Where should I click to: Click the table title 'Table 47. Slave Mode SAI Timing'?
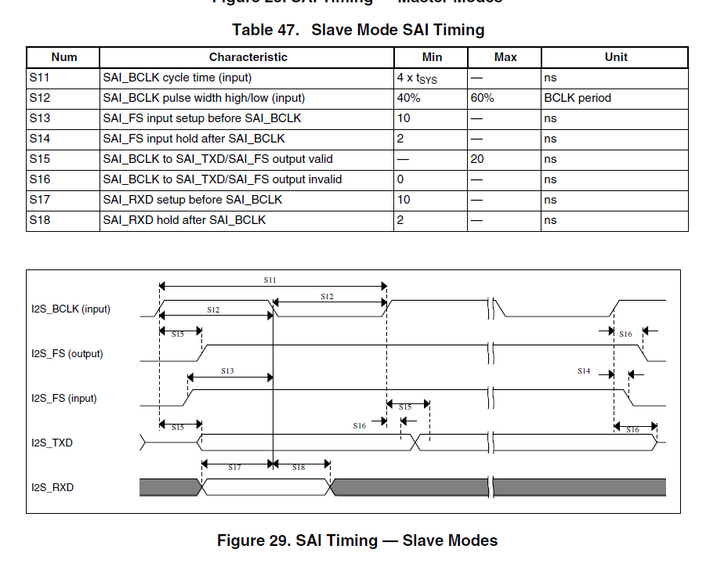click(358, 31)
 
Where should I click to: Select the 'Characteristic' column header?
click(248, 57)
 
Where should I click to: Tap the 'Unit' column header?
click(615, 57)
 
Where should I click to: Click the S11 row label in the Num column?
click(40, 78)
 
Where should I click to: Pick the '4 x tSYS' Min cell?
click(416, 79)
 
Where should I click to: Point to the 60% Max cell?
click(483, 99)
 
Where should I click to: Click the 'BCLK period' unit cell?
click(577, 99)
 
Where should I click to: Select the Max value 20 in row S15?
click(477, 159)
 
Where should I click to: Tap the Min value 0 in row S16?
click(400, 179)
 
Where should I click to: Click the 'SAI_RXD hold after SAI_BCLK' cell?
click(184, 220)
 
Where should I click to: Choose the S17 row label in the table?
click(40, 200)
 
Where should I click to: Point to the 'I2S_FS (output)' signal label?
click(67, 353)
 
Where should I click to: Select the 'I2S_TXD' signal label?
click(52, 443)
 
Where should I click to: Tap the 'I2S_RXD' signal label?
click(53, 487)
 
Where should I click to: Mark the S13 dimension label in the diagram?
click(227, 370)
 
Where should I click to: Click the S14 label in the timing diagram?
click(583, 370)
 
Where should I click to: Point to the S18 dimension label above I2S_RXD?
click(299, 467)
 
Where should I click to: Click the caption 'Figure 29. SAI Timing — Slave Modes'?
click(357, 540)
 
